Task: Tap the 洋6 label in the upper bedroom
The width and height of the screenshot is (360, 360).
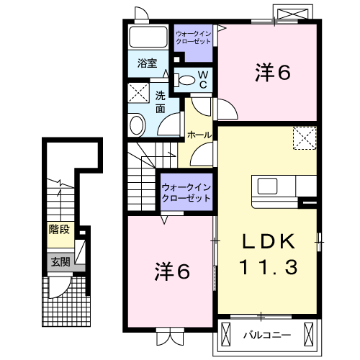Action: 273,73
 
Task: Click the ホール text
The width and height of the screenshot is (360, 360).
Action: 199,135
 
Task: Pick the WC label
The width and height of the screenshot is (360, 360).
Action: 202,79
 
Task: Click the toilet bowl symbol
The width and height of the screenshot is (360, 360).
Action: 186,80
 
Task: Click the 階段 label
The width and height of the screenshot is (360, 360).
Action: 59,230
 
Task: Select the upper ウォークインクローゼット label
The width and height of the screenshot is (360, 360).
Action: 194,37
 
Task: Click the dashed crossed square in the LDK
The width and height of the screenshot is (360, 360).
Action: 305,137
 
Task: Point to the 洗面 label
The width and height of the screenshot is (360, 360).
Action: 160,102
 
